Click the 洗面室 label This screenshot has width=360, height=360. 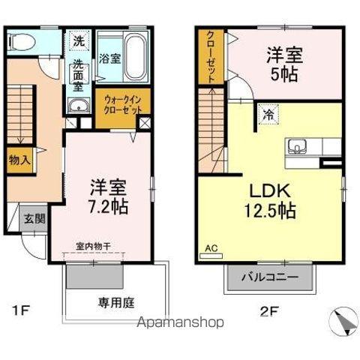coord(79,76)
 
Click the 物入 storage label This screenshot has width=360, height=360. coord(20,159)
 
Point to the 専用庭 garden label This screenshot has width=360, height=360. coord(115,303)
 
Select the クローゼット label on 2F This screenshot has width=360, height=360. coord(211,57)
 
